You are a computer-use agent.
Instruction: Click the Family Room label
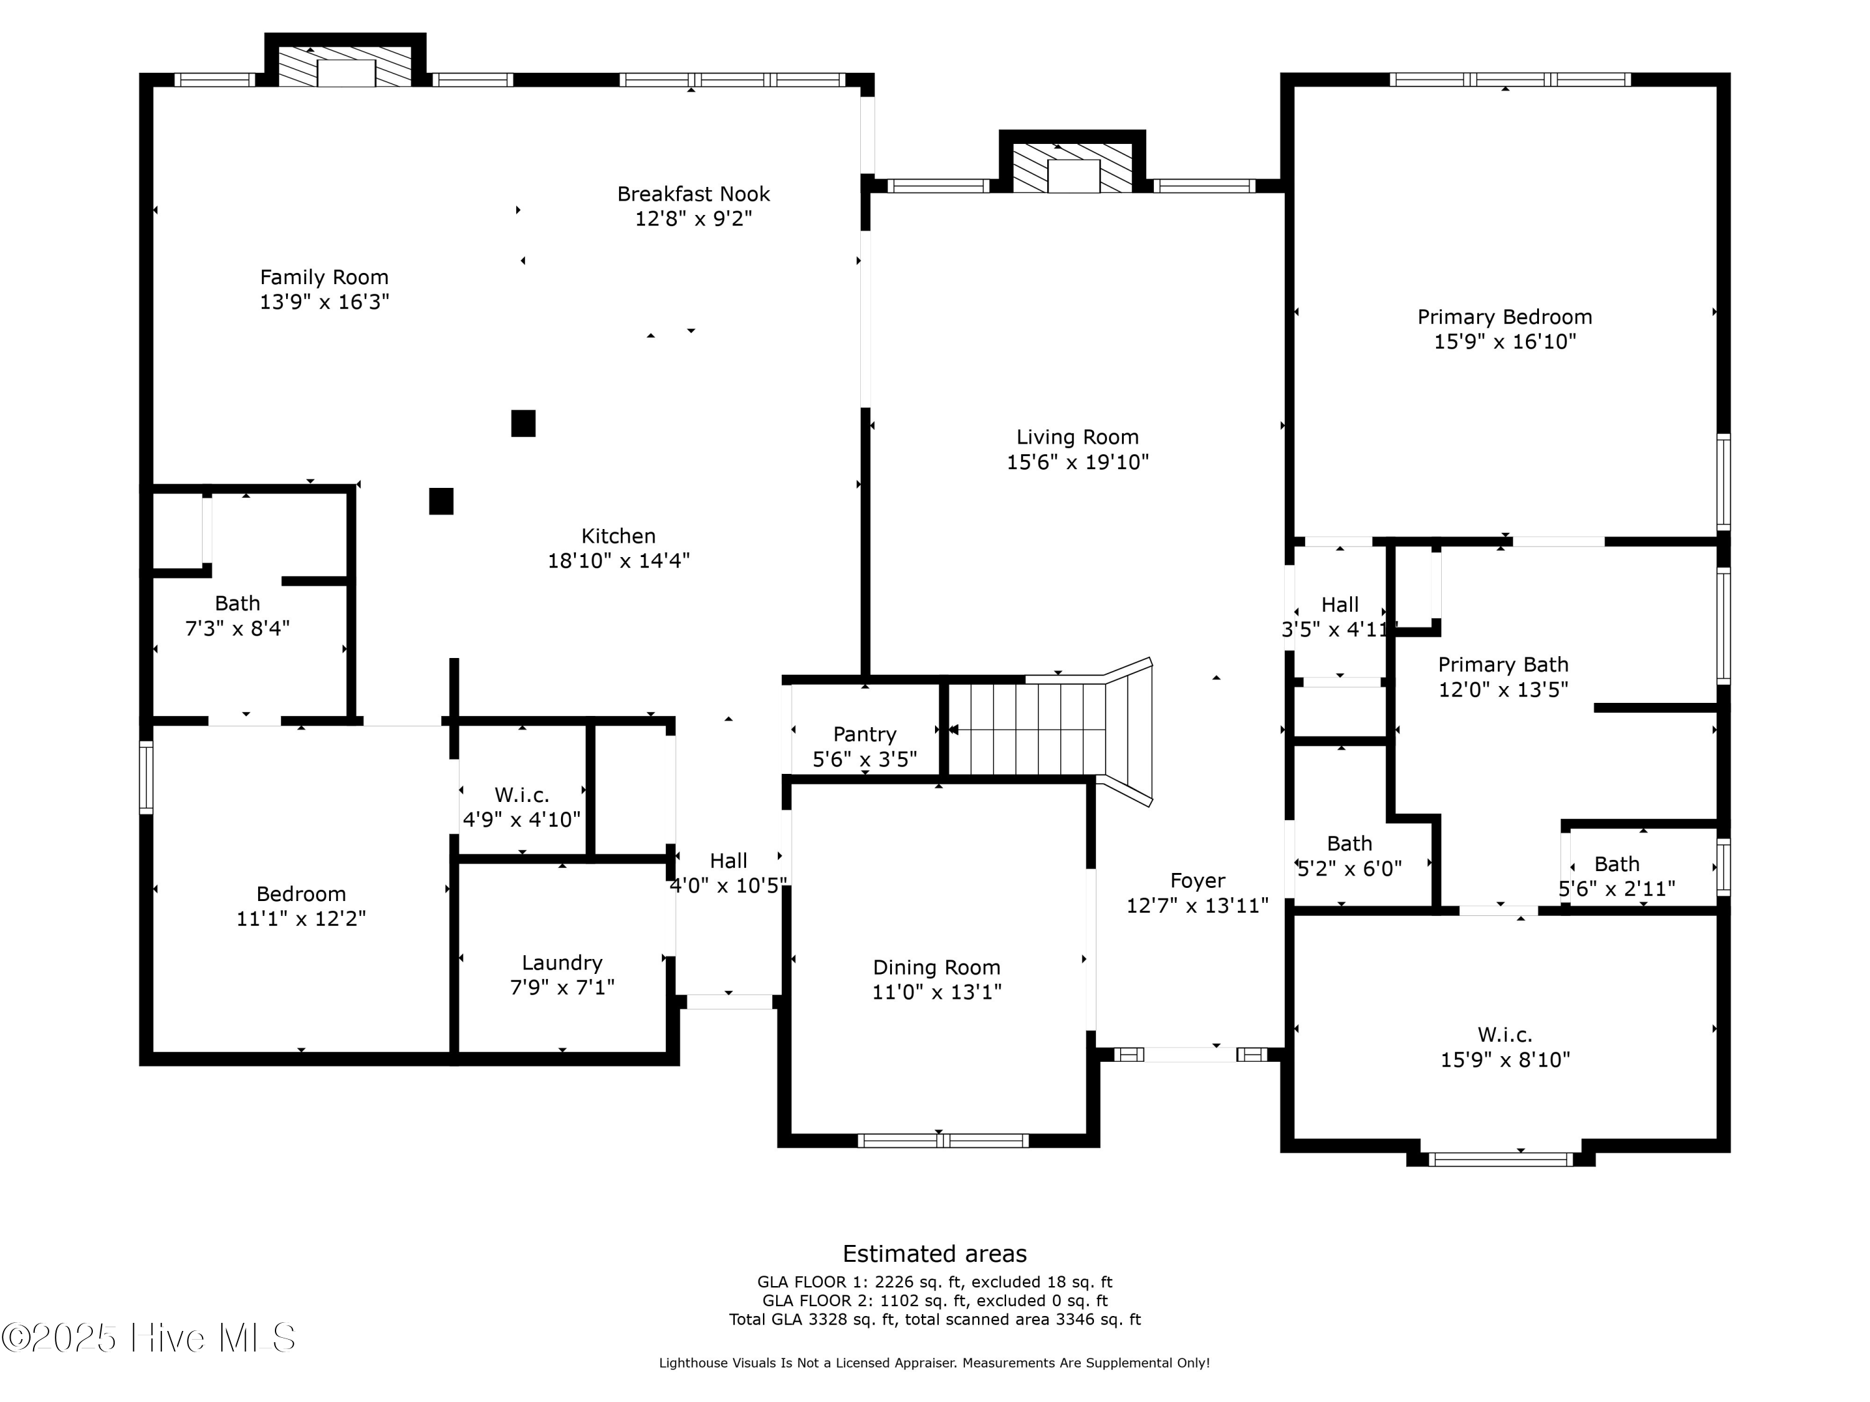coord(324,277)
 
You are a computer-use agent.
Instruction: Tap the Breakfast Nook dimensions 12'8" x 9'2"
coord(693,219)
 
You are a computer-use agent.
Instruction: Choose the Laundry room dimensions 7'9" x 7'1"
coord(562,987)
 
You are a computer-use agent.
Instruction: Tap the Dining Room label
coord(936,967)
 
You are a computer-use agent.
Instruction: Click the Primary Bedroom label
coord(1504,317)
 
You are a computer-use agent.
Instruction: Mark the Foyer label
coord(1197,880)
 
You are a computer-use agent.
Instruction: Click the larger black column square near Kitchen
coord(524,423)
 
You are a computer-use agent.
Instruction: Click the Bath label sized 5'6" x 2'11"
coord(1616,864)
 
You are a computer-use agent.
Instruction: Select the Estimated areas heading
coord(934,1253)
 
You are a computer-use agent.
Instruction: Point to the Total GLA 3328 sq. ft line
coord(934,1319)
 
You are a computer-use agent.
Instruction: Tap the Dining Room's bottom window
coord(942,1141)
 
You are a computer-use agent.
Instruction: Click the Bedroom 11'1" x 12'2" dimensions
coord(301,918)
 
